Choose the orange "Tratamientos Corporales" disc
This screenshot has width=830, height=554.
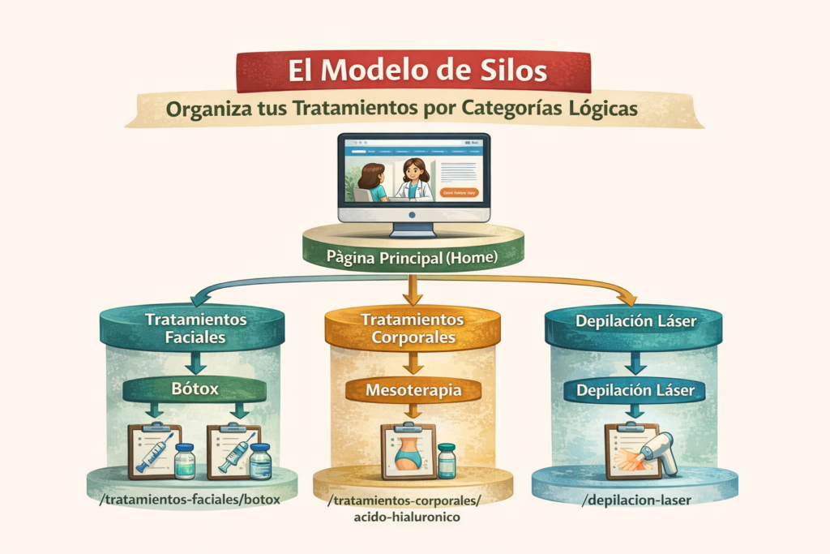[413, 329]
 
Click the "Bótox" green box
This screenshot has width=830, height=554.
[195, 389]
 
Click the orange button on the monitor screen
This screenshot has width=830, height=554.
[461, 193]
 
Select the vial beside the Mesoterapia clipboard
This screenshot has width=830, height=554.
[447, 460]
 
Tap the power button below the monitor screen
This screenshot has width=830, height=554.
[413, 215]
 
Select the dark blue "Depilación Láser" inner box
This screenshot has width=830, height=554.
[635, 390]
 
